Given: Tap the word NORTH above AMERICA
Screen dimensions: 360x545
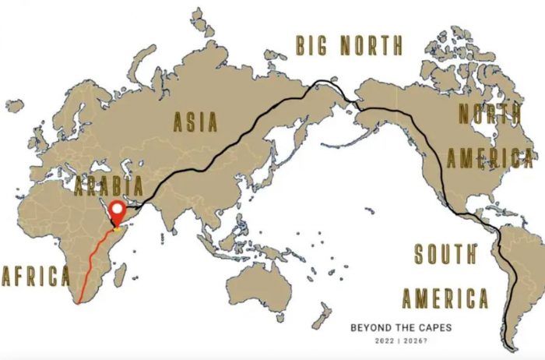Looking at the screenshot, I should click(487, 115).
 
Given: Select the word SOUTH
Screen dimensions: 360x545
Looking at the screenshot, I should click(445, 255).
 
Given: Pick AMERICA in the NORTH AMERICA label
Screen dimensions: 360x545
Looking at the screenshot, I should click(490, 158).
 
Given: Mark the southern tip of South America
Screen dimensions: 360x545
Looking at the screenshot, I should click(511, 348).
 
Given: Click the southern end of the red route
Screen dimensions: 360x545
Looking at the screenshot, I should click(79, 305).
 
